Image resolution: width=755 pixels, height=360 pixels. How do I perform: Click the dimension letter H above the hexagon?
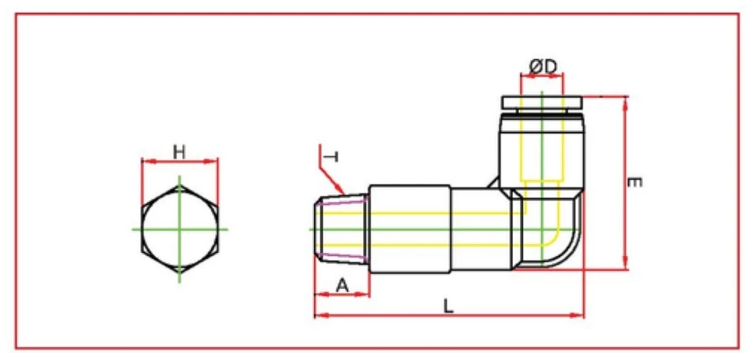tap(179, 151)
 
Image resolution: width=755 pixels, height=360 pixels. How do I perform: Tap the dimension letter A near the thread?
tap(342, 285)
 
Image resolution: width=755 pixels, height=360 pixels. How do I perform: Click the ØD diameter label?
tap(542, 68)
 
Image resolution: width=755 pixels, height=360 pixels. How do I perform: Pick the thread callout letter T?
tap(332, 157)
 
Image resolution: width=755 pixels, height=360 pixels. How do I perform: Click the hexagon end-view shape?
tap(180, 228)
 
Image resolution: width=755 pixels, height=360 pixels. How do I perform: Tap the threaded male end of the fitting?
tap(342, 228)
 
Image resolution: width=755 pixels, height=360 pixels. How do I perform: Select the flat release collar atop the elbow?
tap(541, 102)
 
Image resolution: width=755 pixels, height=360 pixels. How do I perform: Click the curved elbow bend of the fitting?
tap(563, 244)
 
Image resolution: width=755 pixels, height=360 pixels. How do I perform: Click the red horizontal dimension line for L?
tap(449, 315)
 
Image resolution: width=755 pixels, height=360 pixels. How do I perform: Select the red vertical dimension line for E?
tap(625, 183)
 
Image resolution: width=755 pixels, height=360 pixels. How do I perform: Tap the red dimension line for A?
tap(342, 295)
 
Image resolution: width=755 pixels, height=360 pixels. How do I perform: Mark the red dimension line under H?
tap(180, 161)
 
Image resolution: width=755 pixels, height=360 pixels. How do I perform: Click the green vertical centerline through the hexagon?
tap(180, 190)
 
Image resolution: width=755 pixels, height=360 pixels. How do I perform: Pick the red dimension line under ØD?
tap(541, 76)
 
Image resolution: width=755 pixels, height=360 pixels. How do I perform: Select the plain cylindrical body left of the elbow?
tap(479, 228)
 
